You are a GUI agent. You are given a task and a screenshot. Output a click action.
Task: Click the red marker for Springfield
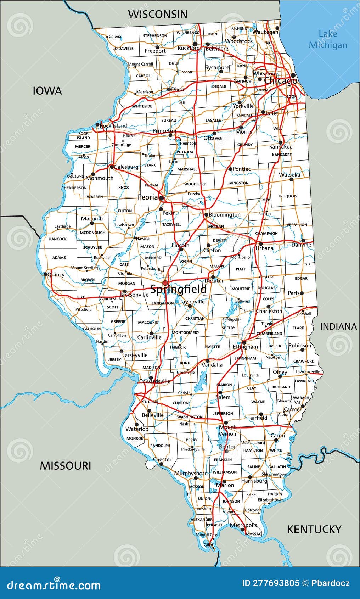coord(165,283)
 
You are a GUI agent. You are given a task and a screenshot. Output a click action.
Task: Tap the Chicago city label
coord(281,81)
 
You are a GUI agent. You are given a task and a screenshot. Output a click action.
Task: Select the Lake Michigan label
coord(328,39)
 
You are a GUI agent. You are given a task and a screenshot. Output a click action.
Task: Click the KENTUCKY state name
coord(314,530)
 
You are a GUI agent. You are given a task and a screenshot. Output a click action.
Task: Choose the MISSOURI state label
coord(65,466)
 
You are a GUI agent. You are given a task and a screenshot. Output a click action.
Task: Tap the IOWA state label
coord(47,91)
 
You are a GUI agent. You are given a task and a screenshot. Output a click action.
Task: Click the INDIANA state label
coord(338,327)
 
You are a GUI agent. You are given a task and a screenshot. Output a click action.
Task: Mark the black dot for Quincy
coord(45,274)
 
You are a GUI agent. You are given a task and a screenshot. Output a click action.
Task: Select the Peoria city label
coord(148,197)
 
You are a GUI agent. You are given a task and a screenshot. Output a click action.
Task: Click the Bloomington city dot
coord(206,215)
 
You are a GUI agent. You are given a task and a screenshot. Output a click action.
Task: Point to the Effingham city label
coord(245,347)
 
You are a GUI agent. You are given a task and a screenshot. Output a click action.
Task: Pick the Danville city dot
coord(303,241)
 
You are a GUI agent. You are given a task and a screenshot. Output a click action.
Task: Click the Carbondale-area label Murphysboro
coord(191,474)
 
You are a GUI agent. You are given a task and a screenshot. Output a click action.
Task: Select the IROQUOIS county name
coord(288,196)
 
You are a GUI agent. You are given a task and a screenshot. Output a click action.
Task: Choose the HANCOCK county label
coord(57,239)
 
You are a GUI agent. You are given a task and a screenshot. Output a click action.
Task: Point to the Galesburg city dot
coord(112,167)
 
